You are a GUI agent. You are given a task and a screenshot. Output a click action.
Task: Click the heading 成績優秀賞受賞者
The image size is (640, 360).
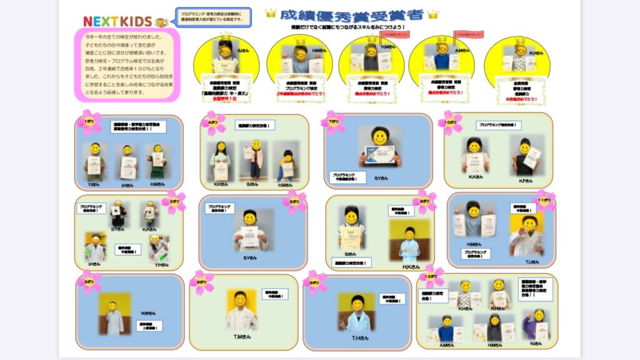click(x=351, y=14)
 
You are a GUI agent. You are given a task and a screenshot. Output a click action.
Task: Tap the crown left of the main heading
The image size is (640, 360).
click(x=271, y=12)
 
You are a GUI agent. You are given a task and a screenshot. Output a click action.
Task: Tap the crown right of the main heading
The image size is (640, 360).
click(x=432, y=14)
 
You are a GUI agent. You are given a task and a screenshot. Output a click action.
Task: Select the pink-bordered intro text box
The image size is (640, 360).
click(x=127, y=64)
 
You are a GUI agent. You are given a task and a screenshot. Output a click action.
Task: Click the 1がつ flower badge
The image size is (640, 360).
click(x=89, y=121)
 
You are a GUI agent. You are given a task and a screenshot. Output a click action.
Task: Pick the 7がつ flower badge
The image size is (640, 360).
click(x=332, y=122)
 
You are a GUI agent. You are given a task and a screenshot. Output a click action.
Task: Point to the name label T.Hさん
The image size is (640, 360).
click(x=359, y=337)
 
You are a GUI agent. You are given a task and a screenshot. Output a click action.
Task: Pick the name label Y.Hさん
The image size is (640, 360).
click(x=161, y=264)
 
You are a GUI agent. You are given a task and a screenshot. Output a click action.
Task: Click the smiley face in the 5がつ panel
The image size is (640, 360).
click(x=250, y=218)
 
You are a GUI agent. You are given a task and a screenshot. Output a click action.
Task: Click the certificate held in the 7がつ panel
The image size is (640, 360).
click(x=379, y=154)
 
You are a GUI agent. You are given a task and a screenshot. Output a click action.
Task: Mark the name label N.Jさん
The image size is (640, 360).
click(x=536, y=344)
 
